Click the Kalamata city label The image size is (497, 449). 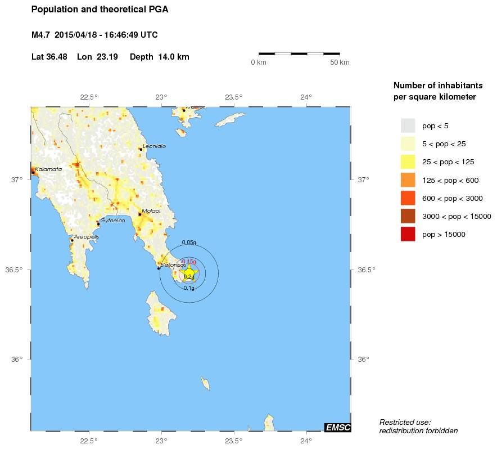[x=48, y=169]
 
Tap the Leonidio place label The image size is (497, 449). [x=155, y=146]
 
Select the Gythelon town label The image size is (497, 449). [x=112, y=221]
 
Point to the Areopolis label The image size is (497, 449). [x=87, y=237]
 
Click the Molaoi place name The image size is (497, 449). [x=151, y=210]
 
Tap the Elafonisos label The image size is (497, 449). [x=173, y=264]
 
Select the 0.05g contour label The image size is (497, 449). [x=189, y=243]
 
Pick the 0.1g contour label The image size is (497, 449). [x=189, y=288]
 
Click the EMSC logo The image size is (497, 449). [x=338, y=428]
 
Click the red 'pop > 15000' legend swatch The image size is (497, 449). [x=408, y=234]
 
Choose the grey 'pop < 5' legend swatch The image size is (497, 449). [x=408, y=125]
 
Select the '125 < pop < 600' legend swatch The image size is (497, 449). [x=408, y=180]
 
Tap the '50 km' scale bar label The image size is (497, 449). [x=340, y=62]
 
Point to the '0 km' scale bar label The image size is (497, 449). [x=259, y=62]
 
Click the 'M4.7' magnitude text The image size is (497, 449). [x=41, y=35]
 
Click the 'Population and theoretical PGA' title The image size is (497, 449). [x=100, y=10]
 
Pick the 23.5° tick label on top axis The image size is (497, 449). [x=234, y=97]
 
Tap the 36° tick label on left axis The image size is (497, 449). [x=17, y=360]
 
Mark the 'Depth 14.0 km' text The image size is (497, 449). [x=159, y=57]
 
